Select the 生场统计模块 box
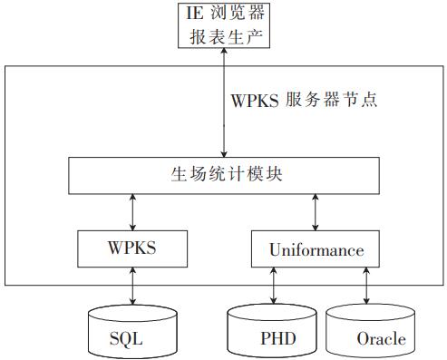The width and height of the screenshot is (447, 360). (225, 174)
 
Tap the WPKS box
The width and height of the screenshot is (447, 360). (134, 248)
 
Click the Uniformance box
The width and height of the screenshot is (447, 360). (316, 248)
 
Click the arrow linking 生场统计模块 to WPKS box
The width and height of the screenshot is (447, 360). (134, 211)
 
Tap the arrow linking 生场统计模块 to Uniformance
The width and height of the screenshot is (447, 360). (316, 211)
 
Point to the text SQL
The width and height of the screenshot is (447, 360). (127, 340)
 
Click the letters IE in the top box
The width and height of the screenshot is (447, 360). (195, 15)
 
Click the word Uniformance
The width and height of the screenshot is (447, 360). (316, 248)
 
